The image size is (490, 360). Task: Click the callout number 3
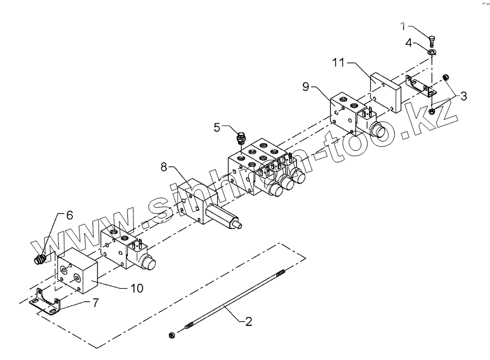tap(463, 97)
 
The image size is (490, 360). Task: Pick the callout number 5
tap(217, 128)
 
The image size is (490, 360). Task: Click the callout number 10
tap(137, 288)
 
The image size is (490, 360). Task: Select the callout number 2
tap(248, 322)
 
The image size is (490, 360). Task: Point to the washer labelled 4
tap(431, 51)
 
